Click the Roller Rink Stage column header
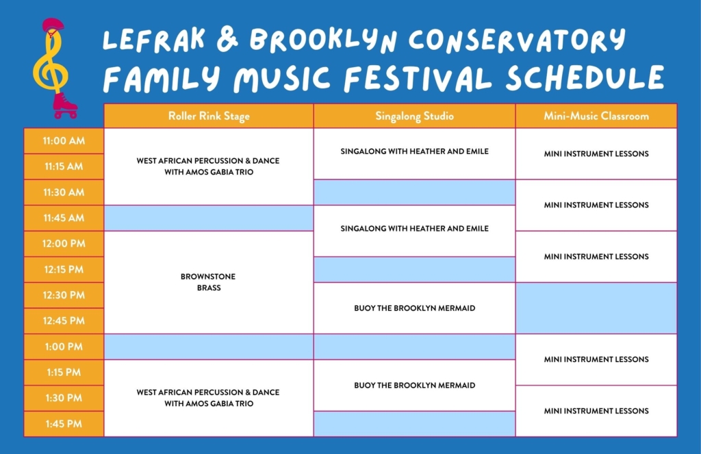pyautogui.click(x=209, y=116)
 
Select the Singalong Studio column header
pyautogui.click(x=414, y=116)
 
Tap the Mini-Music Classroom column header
pyautogui.click(x=596, y=116)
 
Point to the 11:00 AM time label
pyautogui.click(x=64, y=141)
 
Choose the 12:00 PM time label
pyautogui.click(x=64, y=244)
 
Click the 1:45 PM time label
pyautogui.click(x=64, y=424)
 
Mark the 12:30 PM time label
pyautogui.click(x=64, y=295)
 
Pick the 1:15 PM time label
pyautogui.click(x=64, y=372)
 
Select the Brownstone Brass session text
pyautogui.click(x=208, y=282)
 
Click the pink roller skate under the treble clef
pyautogui.click(x=65, y=105)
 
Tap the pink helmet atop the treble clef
pyautogui.click(x=53, y=25)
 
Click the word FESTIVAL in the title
pyautogui.click(x=418, y=78)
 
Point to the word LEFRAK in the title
pyautogui.click(x=154, y=38)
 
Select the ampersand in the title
pyautogui.click(x=227, y=38)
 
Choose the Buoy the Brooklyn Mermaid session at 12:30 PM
pyautogui.click(x=414, y=308)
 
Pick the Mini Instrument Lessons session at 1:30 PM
pyautogui.click(x=596, y=411)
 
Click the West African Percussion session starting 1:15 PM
pyautogui.click(x=208, y=398)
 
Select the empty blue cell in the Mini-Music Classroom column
pyautogui.click(x=596, y=308)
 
